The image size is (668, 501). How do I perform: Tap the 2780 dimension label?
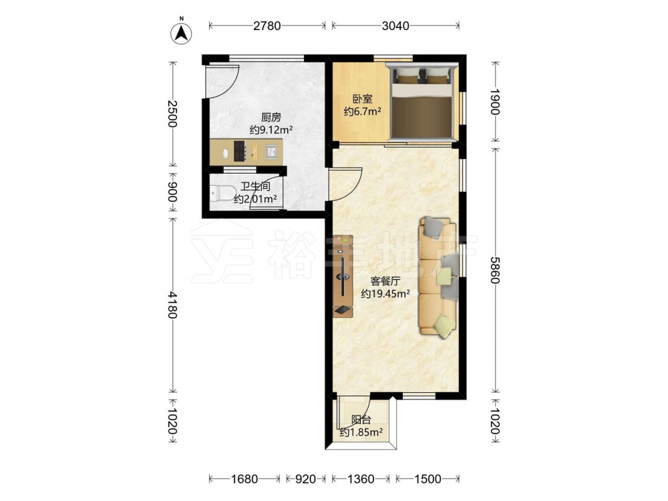267,26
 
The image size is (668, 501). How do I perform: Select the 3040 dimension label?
395,26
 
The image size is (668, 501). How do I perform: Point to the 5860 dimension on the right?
494,270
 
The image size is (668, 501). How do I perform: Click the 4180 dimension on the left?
172,305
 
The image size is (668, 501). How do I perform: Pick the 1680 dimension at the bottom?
244,479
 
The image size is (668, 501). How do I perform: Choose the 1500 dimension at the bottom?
428,479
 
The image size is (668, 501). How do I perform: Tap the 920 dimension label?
305,479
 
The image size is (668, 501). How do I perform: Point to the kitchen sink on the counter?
271,152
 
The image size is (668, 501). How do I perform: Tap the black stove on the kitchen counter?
240,151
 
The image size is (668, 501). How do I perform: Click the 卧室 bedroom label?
363,100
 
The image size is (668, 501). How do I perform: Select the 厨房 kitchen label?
271,118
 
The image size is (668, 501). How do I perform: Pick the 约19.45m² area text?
385,293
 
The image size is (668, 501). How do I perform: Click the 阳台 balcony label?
361,420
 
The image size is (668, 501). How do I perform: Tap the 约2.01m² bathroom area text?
256,199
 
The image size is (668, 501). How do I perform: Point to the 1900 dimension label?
494,102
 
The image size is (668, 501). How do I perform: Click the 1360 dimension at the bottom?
361,479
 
